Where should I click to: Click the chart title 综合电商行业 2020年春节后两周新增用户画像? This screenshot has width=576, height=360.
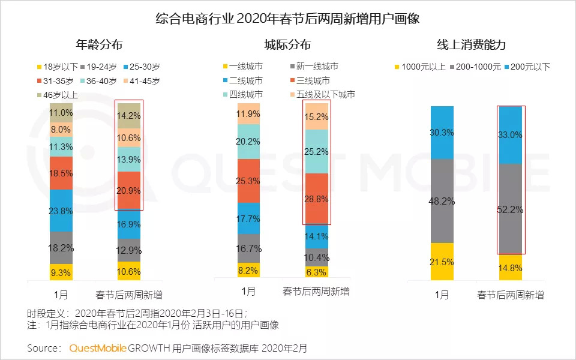(287, 18)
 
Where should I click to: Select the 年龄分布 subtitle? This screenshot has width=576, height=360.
(100, 45)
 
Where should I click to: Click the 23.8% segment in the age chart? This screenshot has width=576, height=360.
(61, 210)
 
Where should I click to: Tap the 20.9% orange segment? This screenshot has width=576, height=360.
(129, 190)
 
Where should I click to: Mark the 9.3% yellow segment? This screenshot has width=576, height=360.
(61, 272)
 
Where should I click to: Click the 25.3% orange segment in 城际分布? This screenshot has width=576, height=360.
(248, 181)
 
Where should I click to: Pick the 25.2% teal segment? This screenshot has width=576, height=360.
(316, 151)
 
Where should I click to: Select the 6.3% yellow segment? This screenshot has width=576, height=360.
(316, 272)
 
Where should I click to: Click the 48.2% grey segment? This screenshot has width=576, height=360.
(442, 200)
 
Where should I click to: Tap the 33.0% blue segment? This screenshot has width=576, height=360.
(511, 136)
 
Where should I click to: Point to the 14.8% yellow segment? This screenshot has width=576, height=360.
(511, 268)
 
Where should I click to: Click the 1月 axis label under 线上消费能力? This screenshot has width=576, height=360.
(442, 295)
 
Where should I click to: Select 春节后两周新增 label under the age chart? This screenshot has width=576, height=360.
(129, 295)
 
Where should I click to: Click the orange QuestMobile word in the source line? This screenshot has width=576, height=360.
(97, 348)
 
